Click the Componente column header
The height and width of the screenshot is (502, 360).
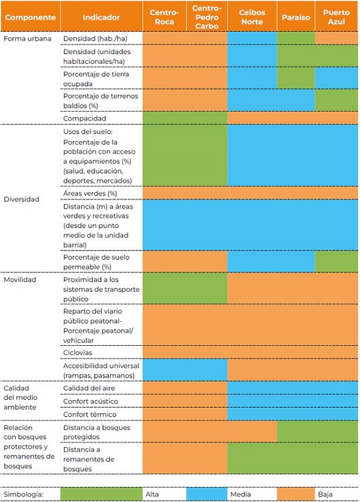(x=30, y=18)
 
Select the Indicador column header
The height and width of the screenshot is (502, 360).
(x=101, y=18)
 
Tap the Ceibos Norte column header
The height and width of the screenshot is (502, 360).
(x=251, y=18)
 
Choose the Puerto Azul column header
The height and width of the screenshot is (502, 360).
(x=336, y=18)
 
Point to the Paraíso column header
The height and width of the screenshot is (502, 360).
(x=295, y=18)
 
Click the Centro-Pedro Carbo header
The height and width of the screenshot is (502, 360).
(x=206, y=18)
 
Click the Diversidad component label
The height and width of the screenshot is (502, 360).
(x=21, y=200)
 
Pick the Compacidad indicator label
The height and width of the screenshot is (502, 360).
(x=85, y=118)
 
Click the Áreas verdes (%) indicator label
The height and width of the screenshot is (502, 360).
(x=90, y=193)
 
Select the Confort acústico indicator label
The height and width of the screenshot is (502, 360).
(x=90, y=401)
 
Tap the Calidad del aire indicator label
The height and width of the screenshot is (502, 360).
(x=89, y=388)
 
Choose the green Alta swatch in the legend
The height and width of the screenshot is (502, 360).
(x=101, y=494)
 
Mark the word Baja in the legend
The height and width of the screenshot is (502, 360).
(x=326, y=494)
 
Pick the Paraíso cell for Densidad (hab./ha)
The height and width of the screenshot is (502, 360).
(x=295, y=39)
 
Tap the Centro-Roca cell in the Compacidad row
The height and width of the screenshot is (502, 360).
(x=164, y=118)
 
